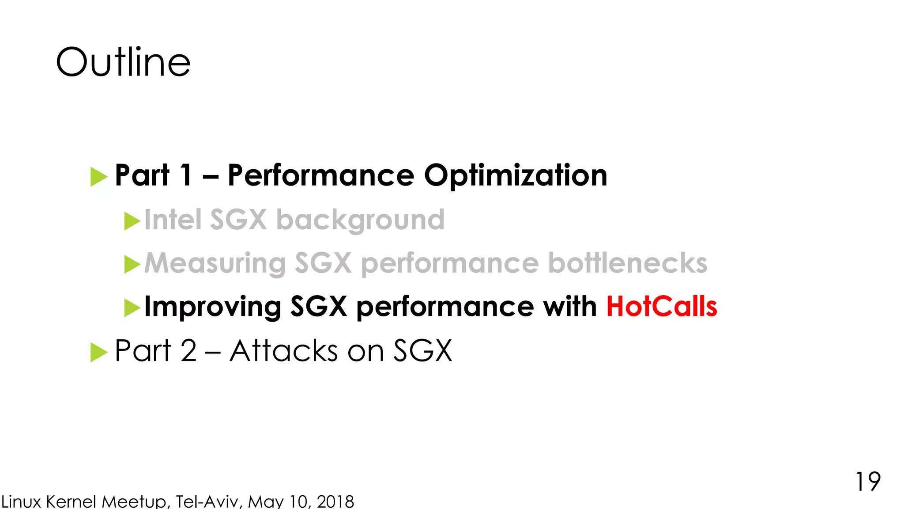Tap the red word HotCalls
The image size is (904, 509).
click(661, 306)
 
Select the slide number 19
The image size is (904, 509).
click(868, 481)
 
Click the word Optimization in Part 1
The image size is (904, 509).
click(516, 175)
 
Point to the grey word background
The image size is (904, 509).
click(360, 220)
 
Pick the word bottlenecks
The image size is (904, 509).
click(627, 263)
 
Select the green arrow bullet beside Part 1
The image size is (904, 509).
click(98, 177)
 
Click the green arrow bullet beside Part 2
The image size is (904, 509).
click(98, 352)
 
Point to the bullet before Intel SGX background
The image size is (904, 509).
click(132, 221)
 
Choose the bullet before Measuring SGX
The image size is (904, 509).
click(132, 264)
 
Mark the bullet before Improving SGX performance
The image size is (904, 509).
click(132, 308)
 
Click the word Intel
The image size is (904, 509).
click(173, 220)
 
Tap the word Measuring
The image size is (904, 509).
click(215, 263)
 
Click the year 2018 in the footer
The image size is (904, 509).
click(335, 501)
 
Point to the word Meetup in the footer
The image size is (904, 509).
click(134, 501)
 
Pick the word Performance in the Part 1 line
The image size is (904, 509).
click(321, 175)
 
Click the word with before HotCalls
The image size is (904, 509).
click(569, 306)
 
